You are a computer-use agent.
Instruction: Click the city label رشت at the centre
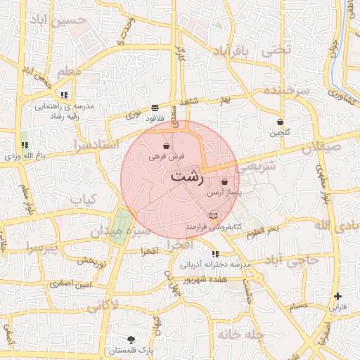click(186, 176)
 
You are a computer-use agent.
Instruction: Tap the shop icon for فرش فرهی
click(165, 147)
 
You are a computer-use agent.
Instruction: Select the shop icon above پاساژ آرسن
click(224, 181)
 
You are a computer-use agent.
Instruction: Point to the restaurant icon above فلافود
click(154, 108)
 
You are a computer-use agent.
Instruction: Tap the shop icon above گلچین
click(280, 122)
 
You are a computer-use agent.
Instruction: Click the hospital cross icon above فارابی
click(338, 297)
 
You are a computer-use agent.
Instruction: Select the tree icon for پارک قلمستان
click(131, 340)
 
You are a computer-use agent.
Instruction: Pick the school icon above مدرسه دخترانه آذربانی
click(214, 254)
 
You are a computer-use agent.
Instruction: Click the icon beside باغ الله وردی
click(25, 145)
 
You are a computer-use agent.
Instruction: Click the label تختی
click(276, 51)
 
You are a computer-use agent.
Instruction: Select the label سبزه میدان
click(144, 231)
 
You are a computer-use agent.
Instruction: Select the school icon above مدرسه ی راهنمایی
click(64, 94)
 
